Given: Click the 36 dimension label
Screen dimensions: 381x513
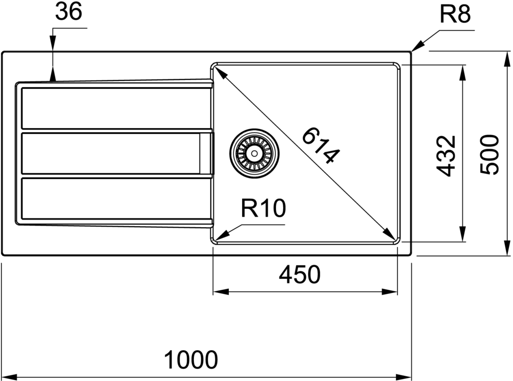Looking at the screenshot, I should pos(69,12).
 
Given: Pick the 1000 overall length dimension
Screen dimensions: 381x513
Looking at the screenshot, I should pos(191,359).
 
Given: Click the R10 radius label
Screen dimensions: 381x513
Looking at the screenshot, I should pos(262,208).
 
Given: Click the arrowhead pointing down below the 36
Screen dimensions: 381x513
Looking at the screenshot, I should pos(53,75).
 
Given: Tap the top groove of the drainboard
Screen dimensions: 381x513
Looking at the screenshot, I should pos(115,108).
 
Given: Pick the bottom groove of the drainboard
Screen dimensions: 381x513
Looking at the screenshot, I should pos(115,198).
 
